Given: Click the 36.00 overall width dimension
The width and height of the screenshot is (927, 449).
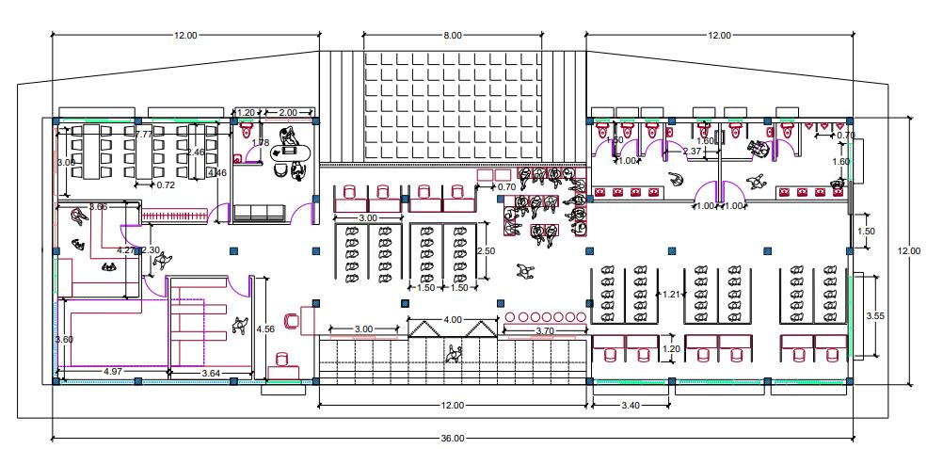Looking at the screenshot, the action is click(453, 438).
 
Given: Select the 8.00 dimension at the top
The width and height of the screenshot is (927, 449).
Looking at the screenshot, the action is click(453, 36).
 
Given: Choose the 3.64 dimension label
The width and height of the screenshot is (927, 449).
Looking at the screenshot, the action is click(212, 374).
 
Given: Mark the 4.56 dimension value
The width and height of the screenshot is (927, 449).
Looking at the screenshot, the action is click(265, 329).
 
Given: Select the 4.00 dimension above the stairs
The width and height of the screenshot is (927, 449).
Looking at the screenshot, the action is click(453, 319).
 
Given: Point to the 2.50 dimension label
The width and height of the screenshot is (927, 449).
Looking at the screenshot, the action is click(486, 251).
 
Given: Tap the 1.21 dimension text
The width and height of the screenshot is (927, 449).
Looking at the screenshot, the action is click(671, 295).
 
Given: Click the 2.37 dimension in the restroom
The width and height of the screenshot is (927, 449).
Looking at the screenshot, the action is click(692, 152).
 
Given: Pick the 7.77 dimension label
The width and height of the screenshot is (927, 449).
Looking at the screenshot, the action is click(144, 135).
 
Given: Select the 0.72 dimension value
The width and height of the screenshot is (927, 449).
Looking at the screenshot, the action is click(166, 184).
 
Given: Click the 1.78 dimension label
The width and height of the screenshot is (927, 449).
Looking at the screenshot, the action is click(262, 143).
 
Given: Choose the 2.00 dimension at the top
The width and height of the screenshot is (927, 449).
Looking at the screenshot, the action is click(288, 112).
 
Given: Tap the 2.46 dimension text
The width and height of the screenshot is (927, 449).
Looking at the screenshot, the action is click(195, 152).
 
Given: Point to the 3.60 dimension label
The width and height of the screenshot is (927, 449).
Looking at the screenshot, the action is click(64, 339).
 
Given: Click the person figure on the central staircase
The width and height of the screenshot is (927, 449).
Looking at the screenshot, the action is click(456, 354).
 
